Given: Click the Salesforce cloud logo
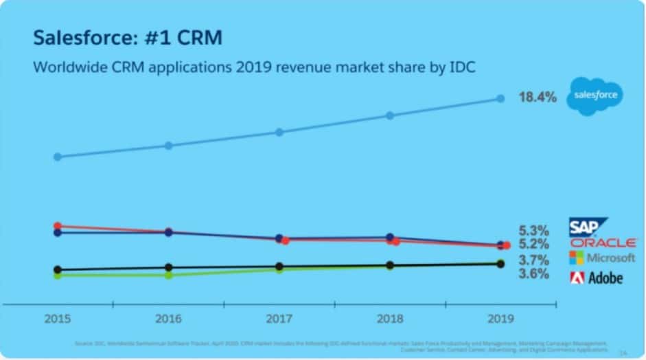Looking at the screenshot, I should click(x=595, y=95).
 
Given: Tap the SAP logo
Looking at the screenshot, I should click(x=588, y=227).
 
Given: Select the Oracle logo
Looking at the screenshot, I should click(x=603, y=243).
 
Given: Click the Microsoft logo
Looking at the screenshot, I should click(x=602, y=258).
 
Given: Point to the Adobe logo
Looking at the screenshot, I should click(x=596, y=278).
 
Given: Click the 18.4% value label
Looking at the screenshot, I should click(x=537, y=97).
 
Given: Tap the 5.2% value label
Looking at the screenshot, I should click(x=533, y=244).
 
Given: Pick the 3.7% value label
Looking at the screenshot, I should click(x=533, y=260).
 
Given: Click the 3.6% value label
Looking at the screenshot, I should click(x=533, y=273).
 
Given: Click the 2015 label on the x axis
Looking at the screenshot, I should click(x=57, y=319).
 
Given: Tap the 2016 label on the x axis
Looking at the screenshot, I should click(x=168, y=319).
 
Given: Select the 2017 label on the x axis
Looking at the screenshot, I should click(x=279, y=319).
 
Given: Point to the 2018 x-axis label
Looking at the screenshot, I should click(x=389, y=319).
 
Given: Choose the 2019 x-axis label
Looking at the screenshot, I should click(x=500, y=319).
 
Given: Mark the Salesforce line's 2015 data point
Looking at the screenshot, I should click(x=58, y=157).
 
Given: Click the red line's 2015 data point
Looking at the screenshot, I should click(x=58, y=226).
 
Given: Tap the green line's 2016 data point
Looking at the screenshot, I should click(x=168, y=275).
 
